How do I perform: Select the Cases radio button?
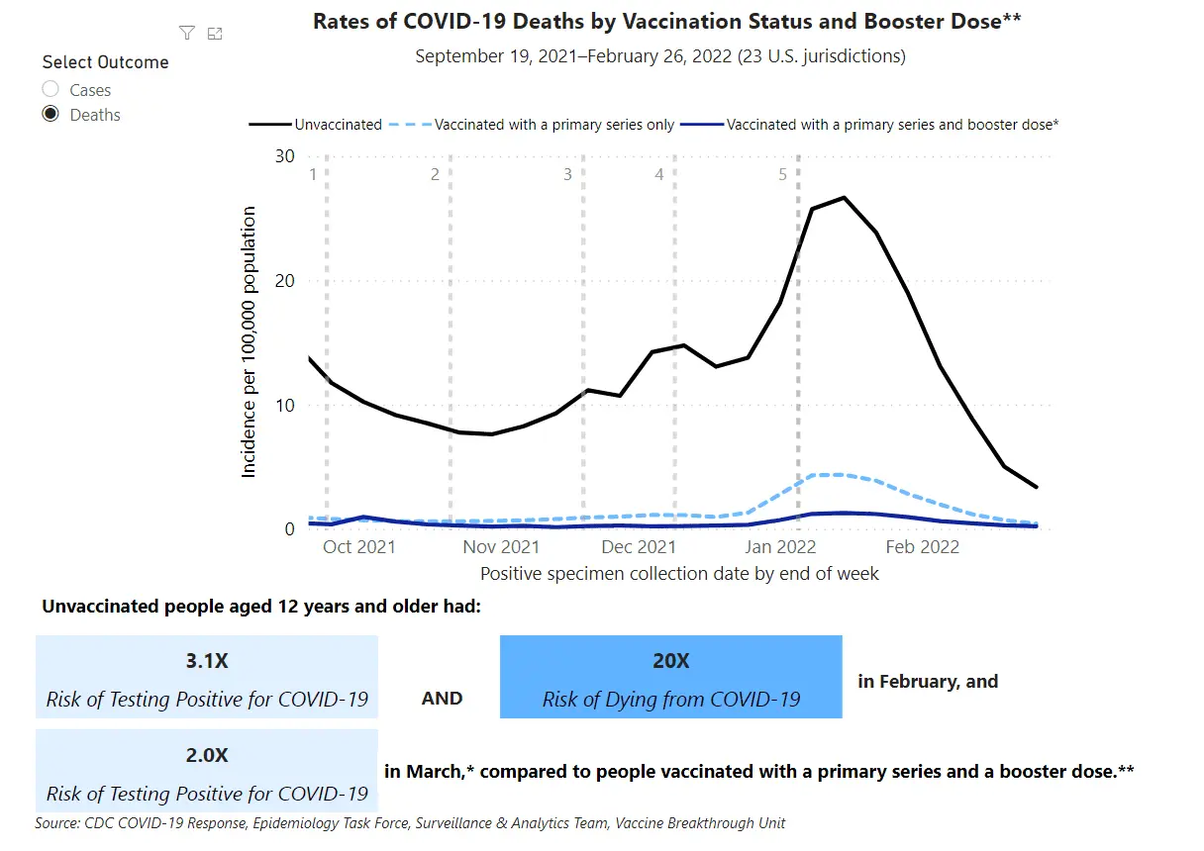coord(50,90)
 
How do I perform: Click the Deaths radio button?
coord(50,115)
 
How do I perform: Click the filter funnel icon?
coord(186,34)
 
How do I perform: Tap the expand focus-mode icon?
coord(215,34)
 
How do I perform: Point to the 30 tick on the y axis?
coord(285,156)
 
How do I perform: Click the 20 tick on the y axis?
coord(285,281)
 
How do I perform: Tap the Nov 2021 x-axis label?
coord(501,546)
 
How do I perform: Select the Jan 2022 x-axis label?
coord(782,546)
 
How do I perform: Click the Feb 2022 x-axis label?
coord(923,546)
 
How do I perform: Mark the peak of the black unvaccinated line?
coord(844,198)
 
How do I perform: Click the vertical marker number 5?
coord(782,175)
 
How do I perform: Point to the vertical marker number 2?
coord(435,175)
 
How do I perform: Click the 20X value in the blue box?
coord(670,661)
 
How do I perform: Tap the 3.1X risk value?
coord(207,661)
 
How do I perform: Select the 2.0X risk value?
coord(207,755)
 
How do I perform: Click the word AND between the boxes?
coord(442,699)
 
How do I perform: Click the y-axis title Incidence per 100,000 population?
coord(249,341)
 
